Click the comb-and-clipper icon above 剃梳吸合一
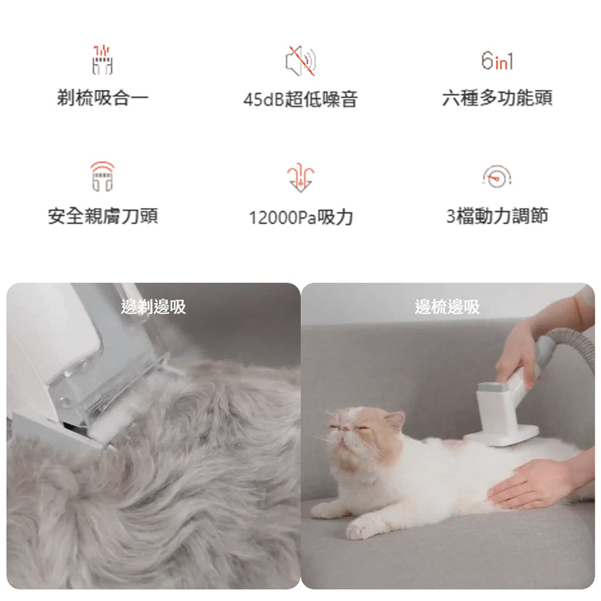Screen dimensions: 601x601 102,60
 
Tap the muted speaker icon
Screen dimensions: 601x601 300,62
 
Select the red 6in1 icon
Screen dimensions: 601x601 497,61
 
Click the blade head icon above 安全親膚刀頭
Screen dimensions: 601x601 102,177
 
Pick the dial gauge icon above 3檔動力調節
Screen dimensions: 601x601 497,176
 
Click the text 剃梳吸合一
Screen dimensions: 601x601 102,98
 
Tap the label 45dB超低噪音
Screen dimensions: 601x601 300,99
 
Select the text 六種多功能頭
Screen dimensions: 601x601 497,98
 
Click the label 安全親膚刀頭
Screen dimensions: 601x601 102,216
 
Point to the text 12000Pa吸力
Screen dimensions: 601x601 300,217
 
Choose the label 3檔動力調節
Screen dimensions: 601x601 497,216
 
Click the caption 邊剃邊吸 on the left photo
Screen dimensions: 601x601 153,307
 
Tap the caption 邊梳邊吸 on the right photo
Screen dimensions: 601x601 447,307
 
